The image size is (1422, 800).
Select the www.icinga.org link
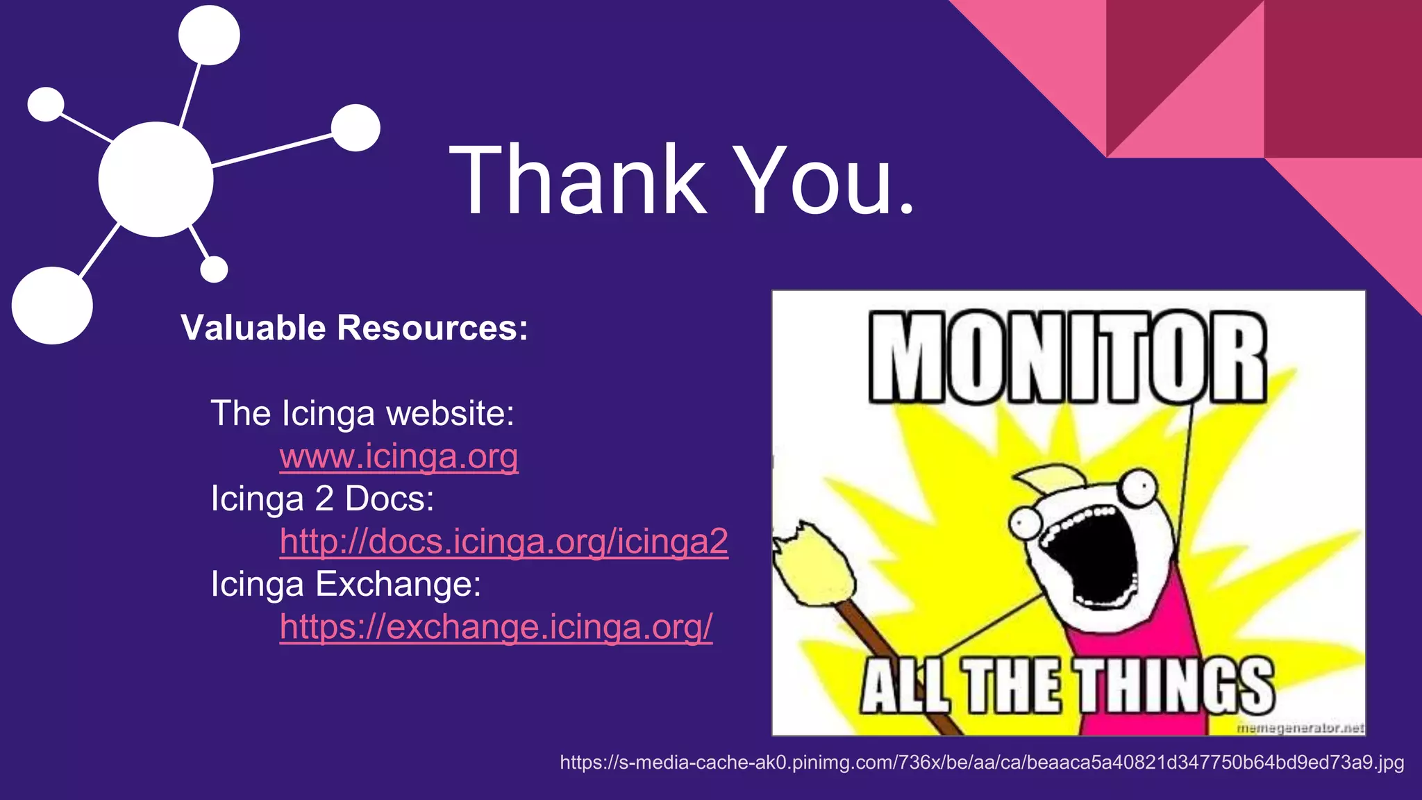point(399,457)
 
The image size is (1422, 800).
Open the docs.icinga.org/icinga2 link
point(503,542)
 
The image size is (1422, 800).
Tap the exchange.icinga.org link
point(496,627)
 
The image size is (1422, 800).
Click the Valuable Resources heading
point(354,328)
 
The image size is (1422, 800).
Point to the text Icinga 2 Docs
point(322,499)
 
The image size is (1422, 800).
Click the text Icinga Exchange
point(346,584)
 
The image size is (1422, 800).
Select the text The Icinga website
point(362,413)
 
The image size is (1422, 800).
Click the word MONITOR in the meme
point(1068,358)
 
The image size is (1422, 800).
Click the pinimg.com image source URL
point(981,762)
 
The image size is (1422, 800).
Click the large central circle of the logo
point(156,179)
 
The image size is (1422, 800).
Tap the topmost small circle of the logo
point(209,35)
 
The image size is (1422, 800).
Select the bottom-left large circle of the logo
point(52,306)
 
